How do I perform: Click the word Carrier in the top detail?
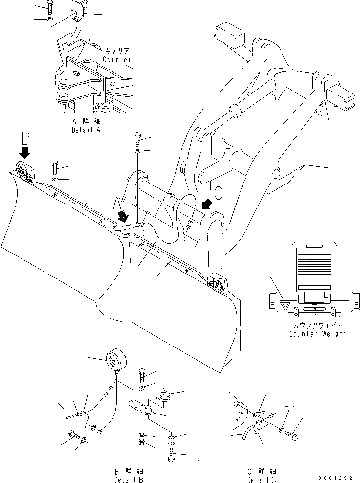[117, 59]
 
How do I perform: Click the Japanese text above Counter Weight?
[317, 325]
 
